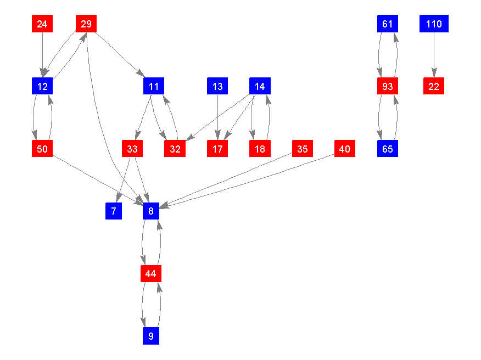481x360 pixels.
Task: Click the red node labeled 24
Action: (x=42, y=24)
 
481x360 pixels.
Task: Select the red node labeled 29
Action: (x=86, y=24)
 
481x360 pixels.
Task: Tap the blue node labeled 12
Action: (x=42, y=86)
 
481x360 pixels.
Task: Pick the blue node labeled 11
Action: (x=154, y=86)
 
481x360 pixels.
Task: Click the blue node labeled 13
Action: (x=217, y=86)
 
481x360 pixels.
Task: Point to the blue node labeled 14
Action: (x=260, y=86)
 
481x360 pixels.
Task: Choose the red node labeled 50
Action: (x=42, y=149)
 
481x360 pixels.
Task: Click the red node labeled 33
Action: (x=132, y=149)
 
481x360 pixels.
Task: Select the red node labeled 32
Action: (x=175, y=149)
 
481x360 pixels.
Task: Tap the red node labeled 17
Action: (x=217, y=149)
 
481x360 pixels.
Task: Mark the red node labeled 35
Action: (x=303, y=149)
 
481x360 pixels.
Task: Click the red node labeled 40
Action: (x=345, y=149)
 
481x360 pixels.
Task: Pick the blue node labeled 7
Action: (x=114, y=211)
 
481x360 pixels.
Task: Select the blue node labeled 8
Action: (x=151, y=211)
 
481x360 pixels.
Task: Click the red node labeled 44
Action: (x=151, y=273)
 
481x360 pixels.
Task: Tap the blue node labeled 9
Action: (x=151, y=335)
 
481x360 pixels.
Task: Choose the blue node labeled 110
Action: (x=434, y=24)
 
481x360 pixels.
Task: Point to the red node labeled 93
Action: (x=388, y=86)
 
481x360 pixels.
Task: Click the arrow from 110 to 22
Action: (x=434, y=55)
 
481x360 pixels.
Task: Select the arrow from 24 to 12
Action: (x=42, y=55)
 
